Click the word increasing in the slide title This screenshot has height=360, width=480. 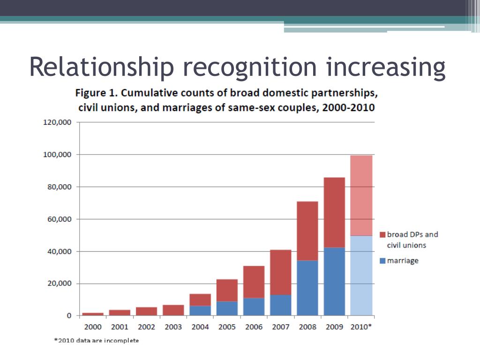pyautogui.click(x=385, y=67)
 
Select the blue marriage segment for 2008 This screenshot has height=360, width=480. pyautogui.click(x=307, y=288)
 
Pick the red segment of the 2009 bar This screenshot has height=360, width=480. pyautogui.click(x=334, y=212)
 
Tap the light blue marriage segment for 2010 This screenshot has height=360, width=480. pyautogui.click(x=361, y=276)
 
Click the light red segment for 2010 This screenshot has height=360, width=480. pyautogui.click(x=361, y=195)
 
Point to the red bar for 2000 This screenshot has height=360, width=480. pyautogui.click(x=93, y=314)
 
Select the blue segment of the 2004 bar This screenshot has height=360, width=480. pyautogui.click(x=200, y=310)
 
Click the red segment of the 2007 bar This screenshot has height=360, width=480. pyautogui.click(x=280, y=272)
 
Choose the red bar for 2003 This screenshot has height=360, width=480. pyautogui.click(x=173, y=310)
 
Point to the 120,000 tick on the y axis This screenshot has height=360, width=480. pyautogui.click(x=57, y=122)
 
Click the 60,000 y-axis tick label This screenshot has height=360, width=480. pyautogui.click(x=59, y=219)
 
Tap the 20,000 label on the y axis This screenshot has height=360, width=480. pyautogui.click(x=59, y=284)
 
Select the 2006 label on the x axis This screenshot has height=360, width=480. pyautogui.click(x=254, y=327)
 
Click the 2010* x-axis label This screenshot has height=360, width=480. pyautogui.click(x=361, y=327)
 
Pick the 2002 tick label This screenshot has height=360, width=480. pyautogui.click(x=146, y=327)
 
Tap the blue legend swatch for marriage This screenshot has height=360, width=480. pyautogui.click(x=382, y=261)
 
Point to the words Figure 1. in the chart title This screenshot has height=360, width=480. pyautogui.click(x=97, y=92)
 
